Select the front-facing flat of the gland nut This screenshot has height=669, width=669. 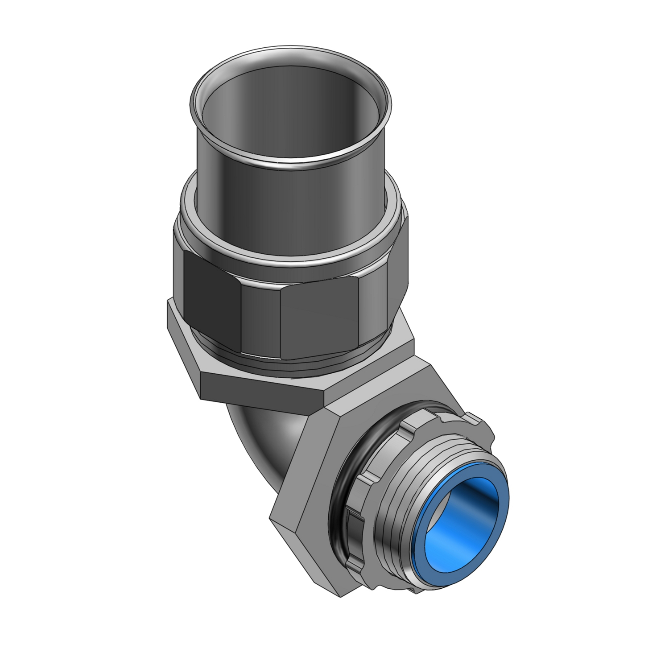[x=319, y=317]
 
